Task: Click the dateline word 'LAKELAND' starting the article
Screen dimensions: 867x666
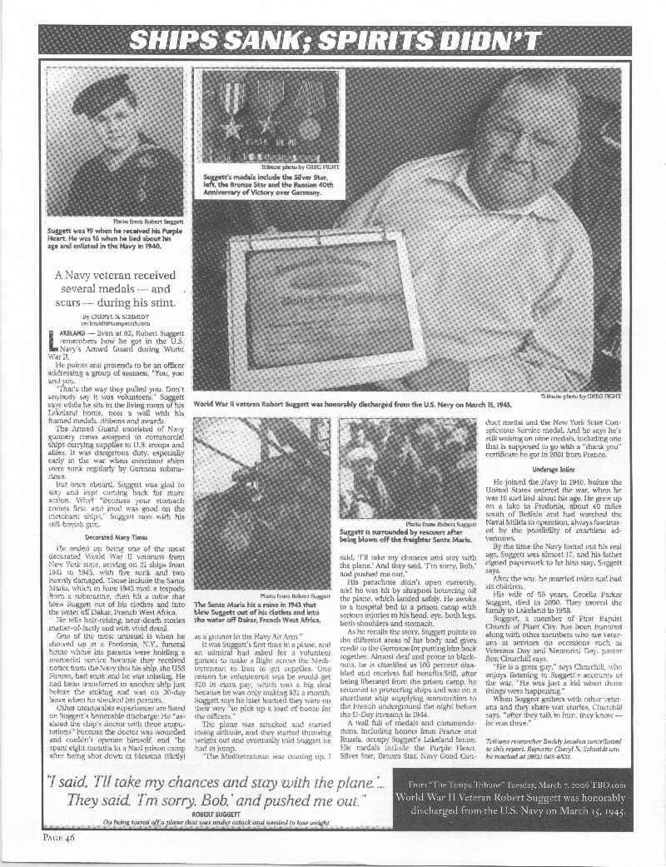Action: coord(67,331)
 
